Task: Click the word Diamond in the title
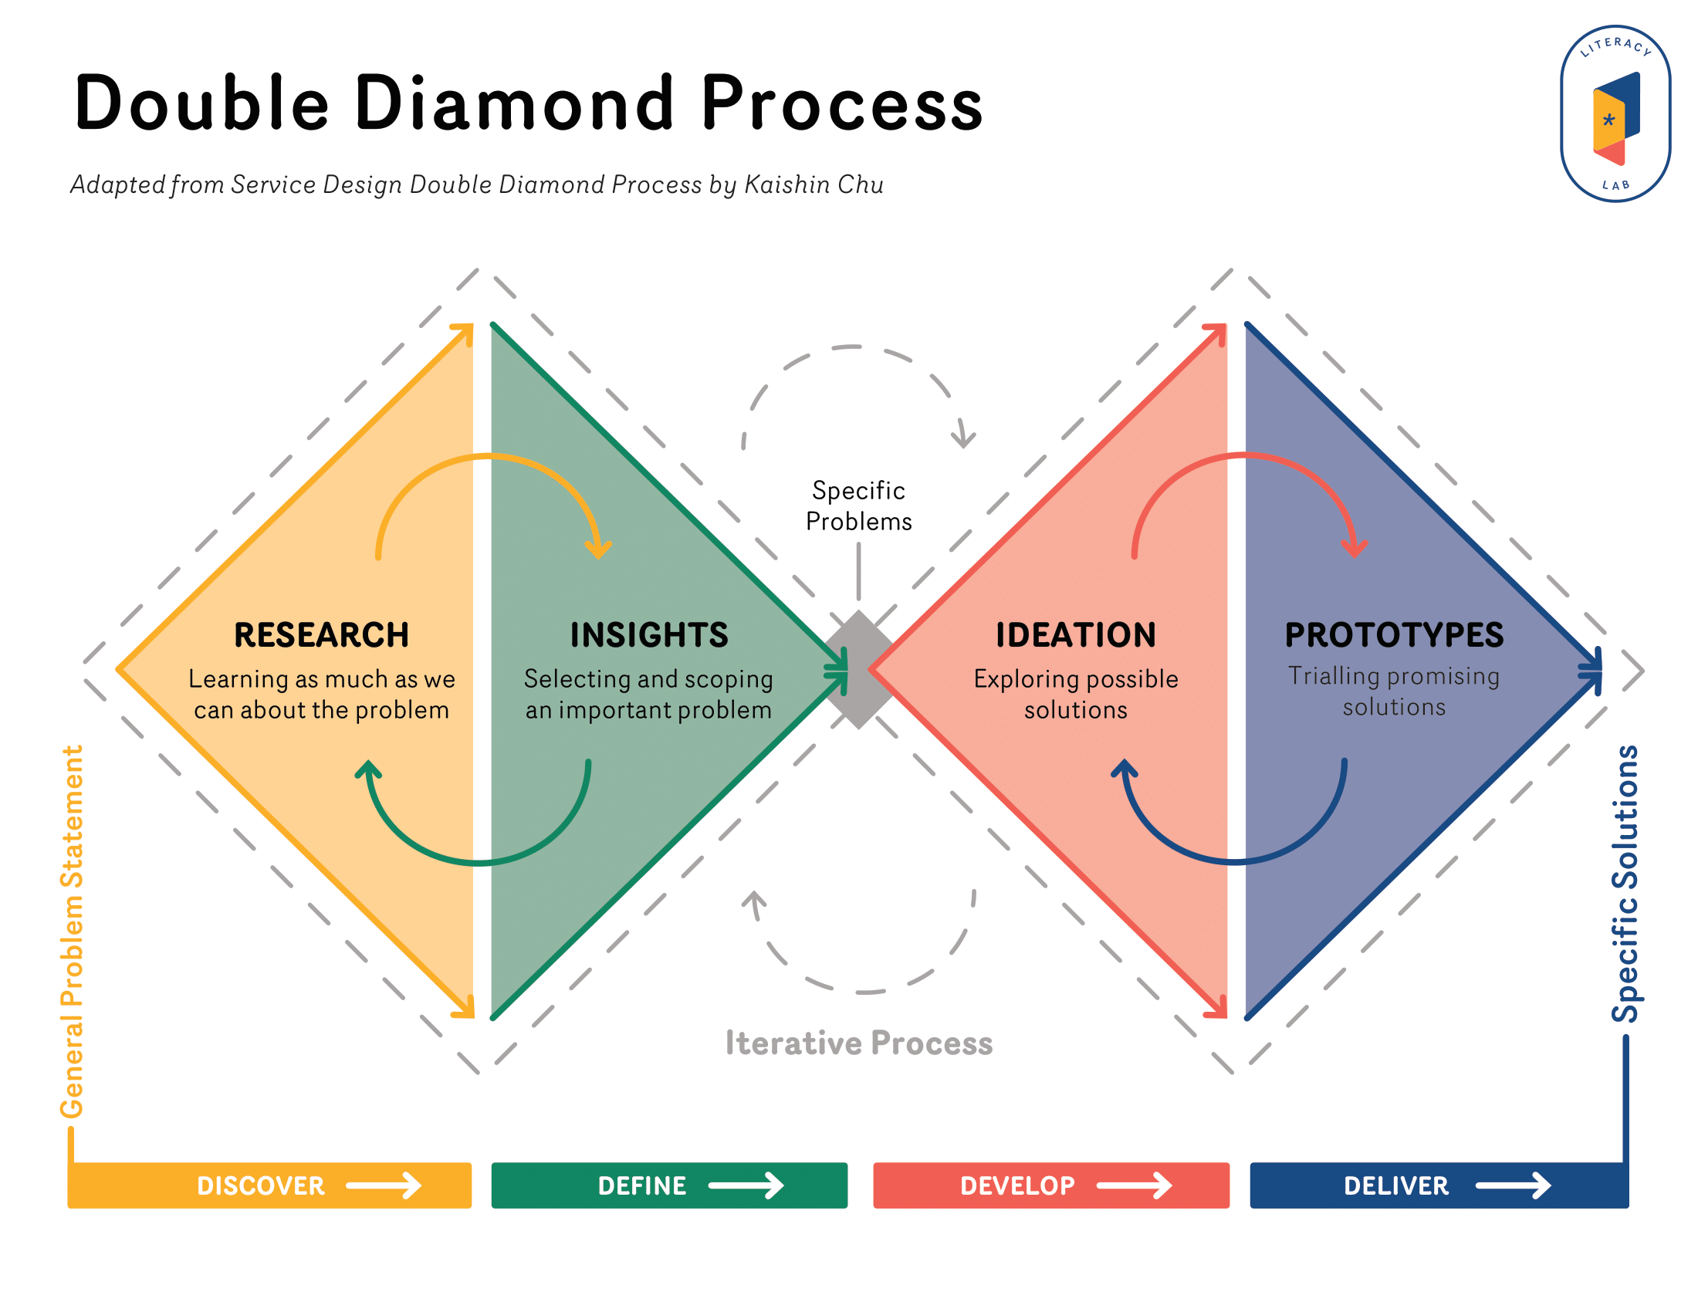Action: pyautogui.click(x=514, y=103)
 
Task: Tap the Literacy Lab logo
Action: pyautogui.click(x=1615, y=113)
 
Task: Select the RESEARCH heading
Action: pyautogui.click(x=321, y=635)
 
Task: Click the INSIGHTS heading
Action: pyautogui.click(x=649, y=635)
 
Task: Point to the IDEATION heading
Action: pyautogui.click(x=1075, y=635)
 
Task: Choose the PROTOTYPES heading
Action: pyautogui.click(x=1393, y=635)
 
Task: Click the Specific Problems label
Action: pyautogui.click(x=858, y=506)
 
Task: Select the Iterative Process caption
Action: pyautogui.click(x=858, y=1043)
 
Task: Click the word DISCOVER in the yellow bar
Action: pyautogui.click(x=260, y=1185)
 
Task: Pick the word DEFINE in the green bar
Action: pyautogui.click(x=641, y=1185)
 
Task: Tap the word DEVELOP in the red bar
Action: pyautogui.click(x=1017, y=1185)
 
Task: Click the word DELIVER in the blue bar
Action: pyautogui.click(x=1395, y=1185)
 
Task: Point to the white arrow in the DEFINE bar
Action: pyautogui.click(x=746, y=1185)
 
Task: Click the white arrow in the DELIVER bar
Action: pyautogui.click(x=1512, y=1185)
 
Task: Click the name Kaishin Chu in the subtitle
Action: pyautogui.click(x=813, y=185)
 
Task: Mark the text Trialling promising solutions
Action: pyautogui.click(x=1393, y=691)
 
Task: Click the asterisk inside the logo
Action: pyautogui.click(x=1608, y=120)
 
